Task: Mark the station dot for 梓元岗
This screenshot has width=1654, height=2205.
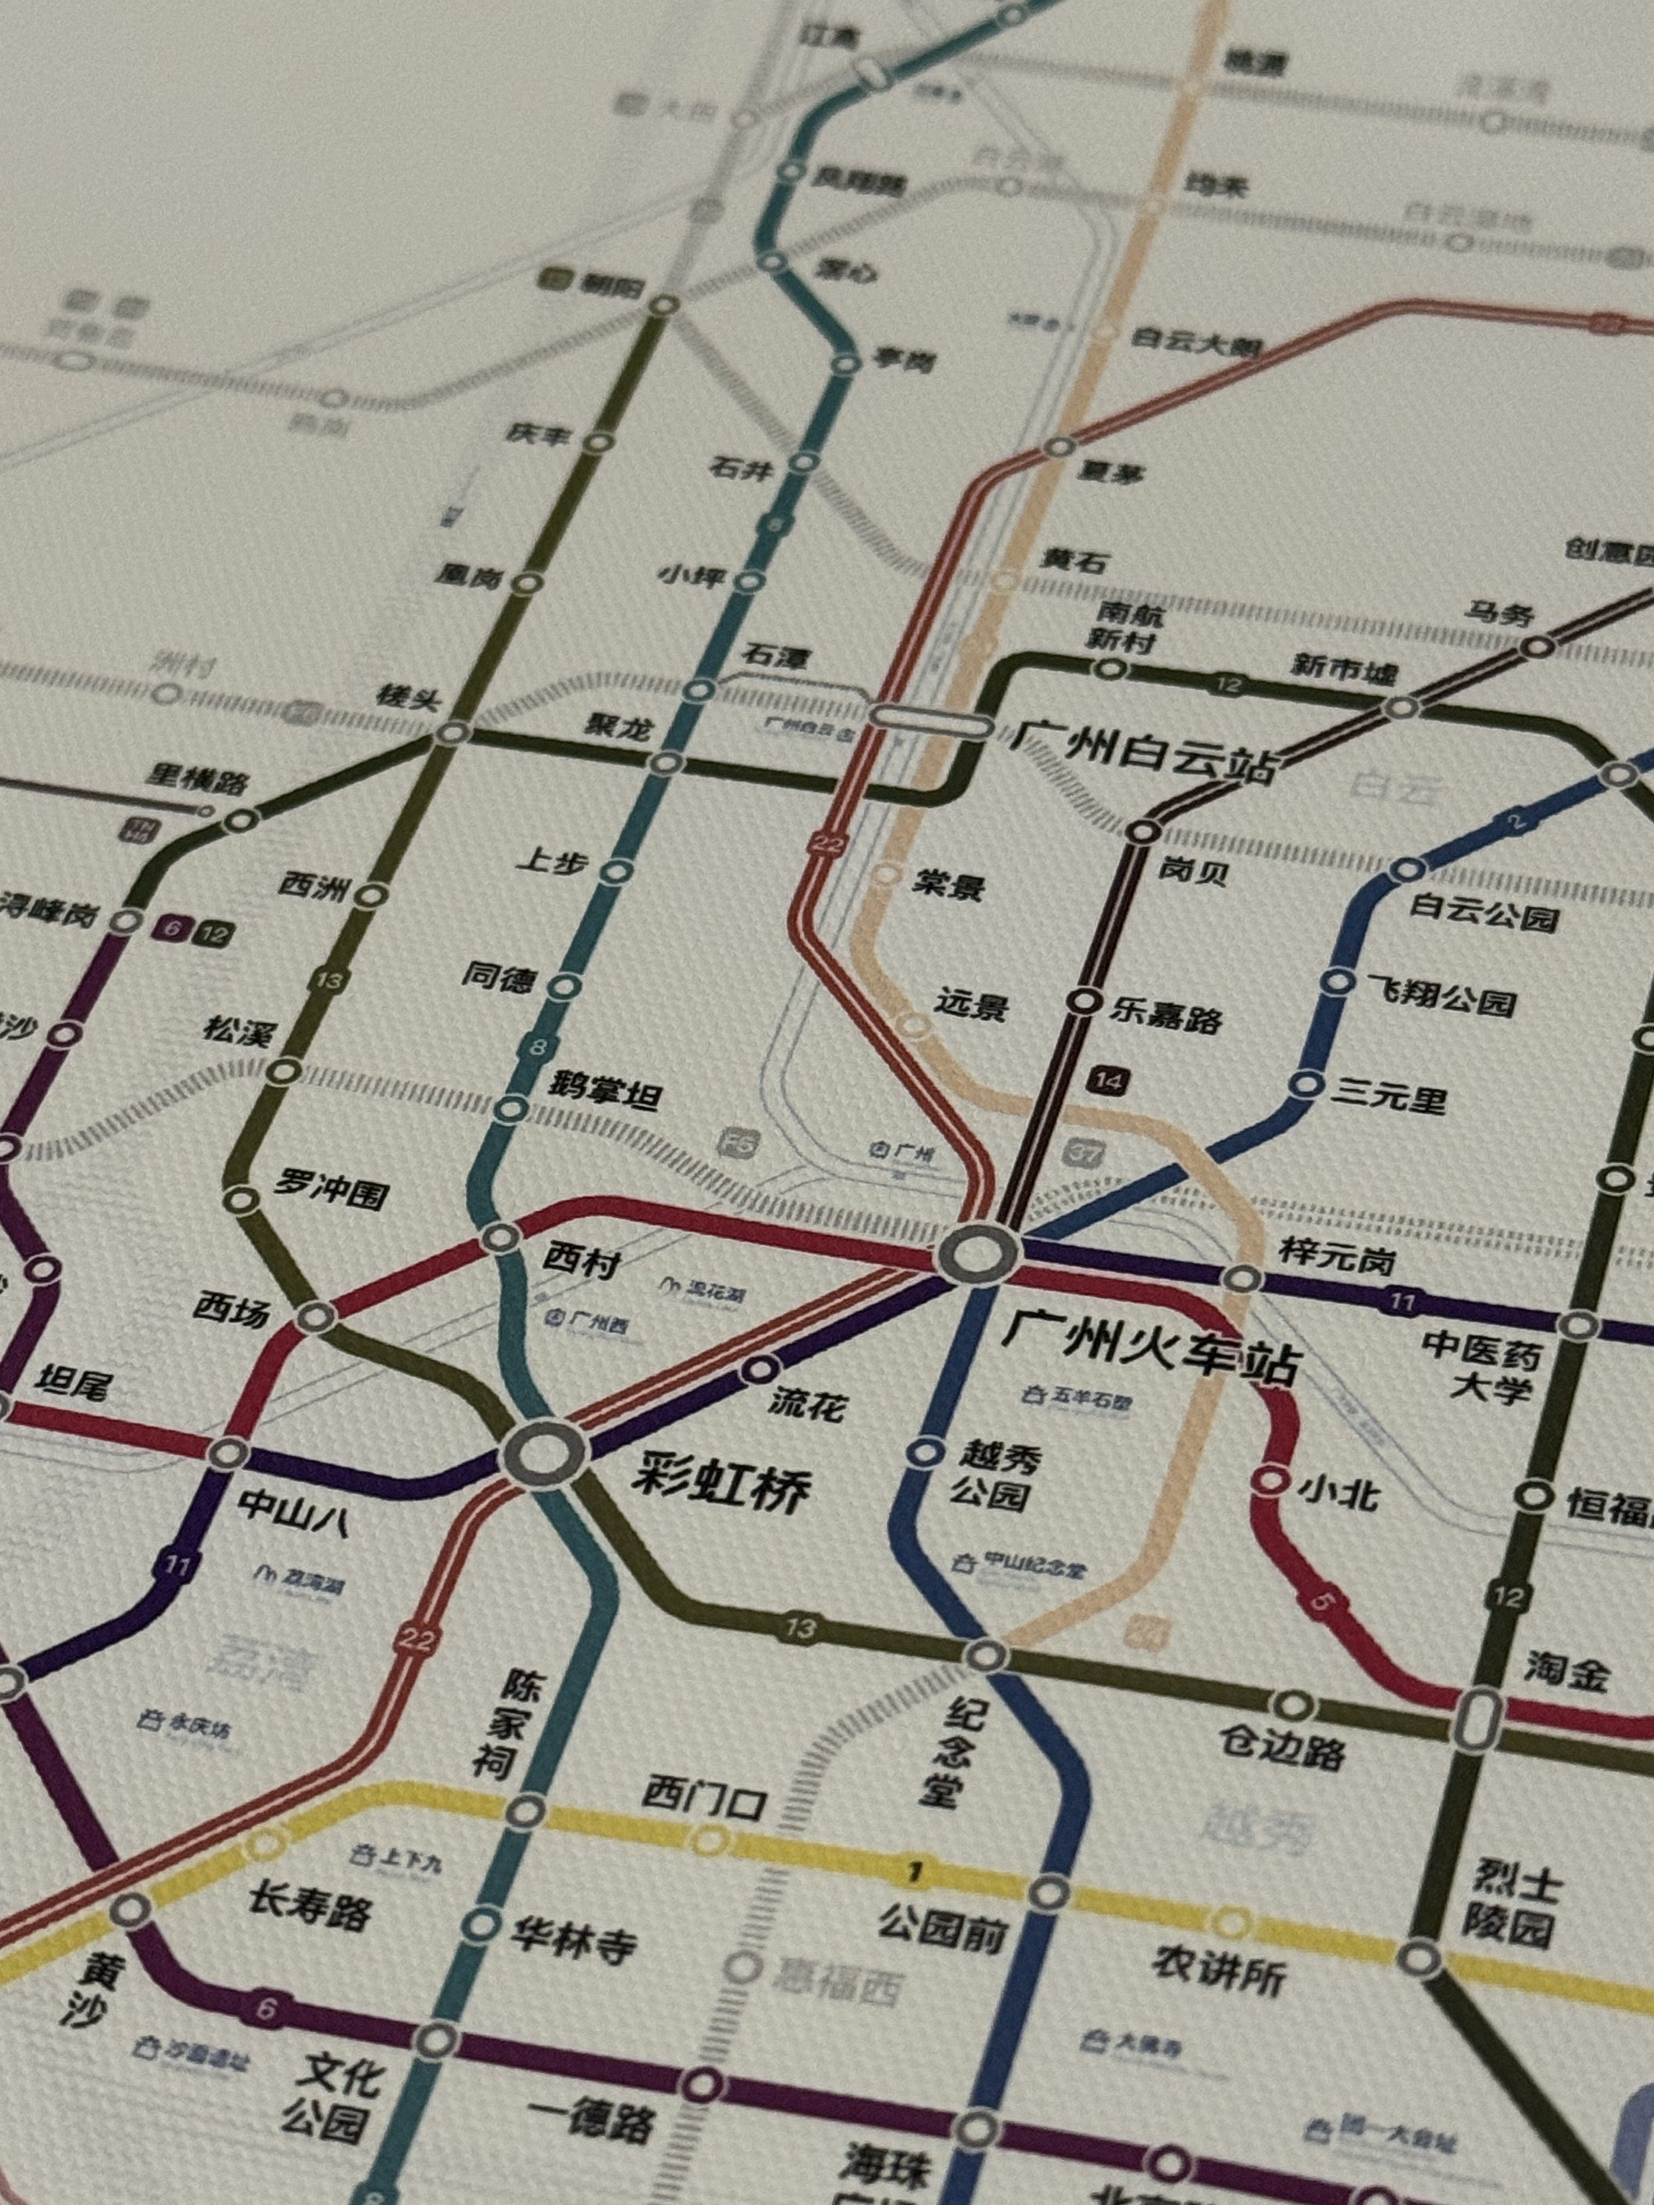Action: coord(1242,1278)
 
